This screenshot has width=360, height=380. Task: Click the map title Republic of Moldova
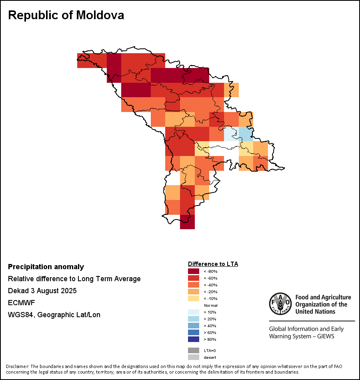point(66,15)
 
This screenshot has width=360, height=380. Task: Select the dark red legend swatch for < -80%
point(194,272)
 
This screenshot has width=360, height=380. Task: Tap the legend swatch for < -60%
point(194,278)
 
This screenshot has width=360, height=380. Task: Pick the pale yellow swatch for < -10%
point(194,298)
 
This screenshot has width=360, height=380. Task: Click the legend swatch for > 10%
point(194,312)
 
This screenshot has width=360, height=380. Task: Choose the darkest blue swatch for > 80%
point(194,339)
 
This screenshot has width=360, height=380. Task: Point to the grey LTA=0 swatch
point(194,350)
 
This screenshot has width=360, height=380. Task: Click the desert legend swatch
point(194,357)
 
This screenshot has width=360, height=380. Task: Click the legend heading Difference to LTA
point(213,264)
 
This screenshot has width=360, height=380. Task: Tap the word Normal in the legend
point(210,305)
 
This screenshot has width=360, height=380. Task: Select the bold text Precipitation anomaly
point(46,267)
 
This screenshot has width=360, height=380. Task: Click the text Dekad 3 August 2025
point(42,291)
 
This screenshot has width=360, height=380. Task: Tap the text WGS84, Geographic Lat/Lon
point(54,315)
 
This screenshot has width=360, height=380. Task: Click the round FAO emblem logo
point(280,304)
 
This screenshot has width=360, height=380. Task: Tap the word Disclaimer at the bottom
point(17,366)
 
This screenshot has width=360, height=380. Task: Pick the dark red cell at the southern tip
point(187,222)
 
